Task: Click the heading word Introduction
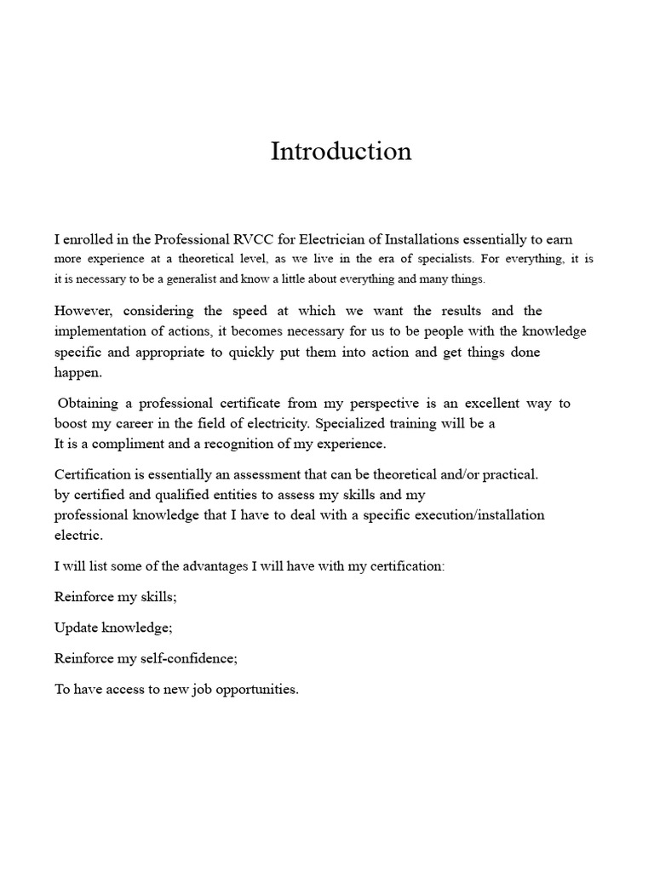(341, 151)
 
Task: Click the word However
(86, 311)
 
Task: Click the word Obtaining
(89, 403)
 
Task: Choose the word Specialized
(350, 423)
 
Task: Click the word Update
(75, 628)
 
